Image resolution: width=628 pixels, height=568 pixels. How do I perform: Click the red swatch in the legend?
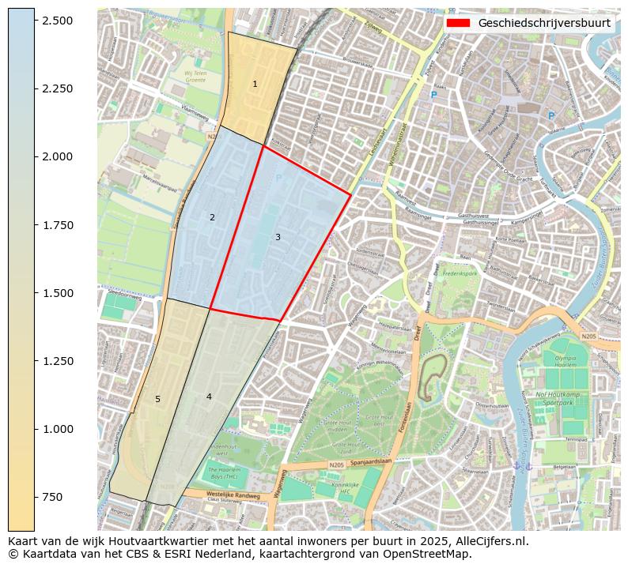pyautogui.click(x=458, y=23)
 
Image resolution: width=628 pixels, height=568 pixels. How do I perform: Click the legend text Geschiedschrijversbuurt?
pyautogui.click(x=544, y=23)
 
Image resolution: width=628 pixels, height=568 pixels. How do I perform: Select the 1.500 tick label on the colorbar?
pyautogui.click(x=57, y=293)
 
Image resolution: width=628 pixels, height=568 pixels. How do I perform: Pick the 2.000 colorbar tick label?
pyautogui.click(x=57, y=156)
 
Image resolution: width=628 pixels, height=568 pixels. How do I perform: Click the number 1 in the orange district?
pyautogui.click(x=255, y=84)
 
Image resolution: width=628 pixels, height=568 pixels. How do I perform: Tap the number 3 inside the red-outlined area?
pyautogui.click(x=278, y=237)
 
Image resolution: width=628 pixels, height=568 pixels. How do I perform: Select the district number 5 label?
pyautogui.click(x=157, y=399)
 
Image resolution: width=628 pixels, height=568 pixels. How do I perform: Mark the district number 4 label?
pyautogui.click(x=209, y=397)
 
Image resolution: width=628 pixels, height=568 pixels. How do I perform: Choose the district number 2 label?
pyautogui.click(x=212, y=217)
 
